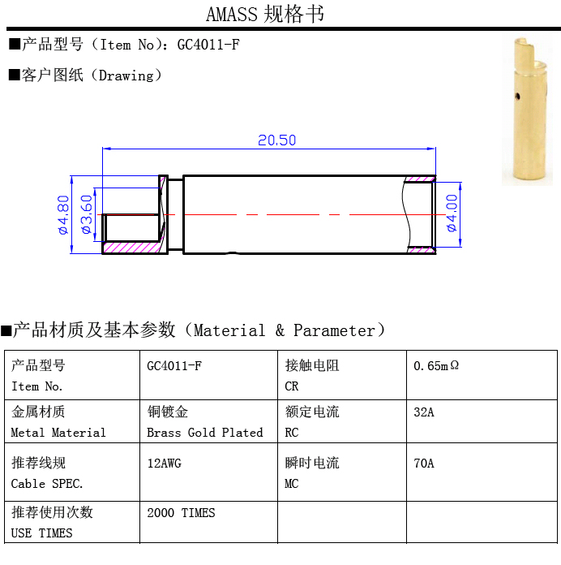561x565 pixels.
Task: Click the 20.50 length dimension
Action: (276, 140)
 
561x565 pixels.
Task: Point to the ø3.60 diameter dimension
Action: (86, 214)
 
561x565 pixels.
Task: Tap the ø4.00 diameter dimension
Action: (452, 213)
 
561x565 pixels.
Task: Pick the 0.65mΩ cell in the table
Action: (436, 366)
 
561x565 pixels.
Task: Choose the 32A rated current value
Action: (424, 412)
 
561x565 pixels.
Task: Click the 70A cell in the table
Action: (424, 464)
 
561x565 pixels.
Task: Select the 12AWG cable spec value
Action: (164, 464)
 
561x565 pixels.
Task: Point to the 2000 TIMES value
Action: (181, 513)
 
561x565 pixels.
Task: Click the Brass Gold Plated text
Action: (204, 433)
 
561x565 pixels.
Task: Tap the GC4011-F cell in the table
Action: (173, 366)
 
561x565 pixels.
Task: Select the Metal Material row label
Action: (58, 433)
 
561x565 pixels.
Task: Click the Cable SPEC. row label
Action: (47, 484)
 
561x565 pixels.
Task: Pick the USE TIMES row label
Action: (41, 533)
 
